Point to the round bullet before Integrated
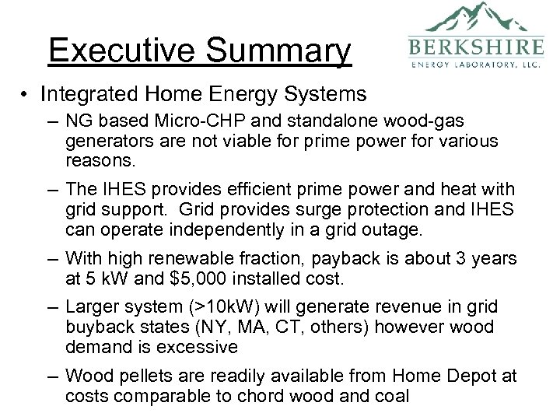(x=26, y=95)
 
